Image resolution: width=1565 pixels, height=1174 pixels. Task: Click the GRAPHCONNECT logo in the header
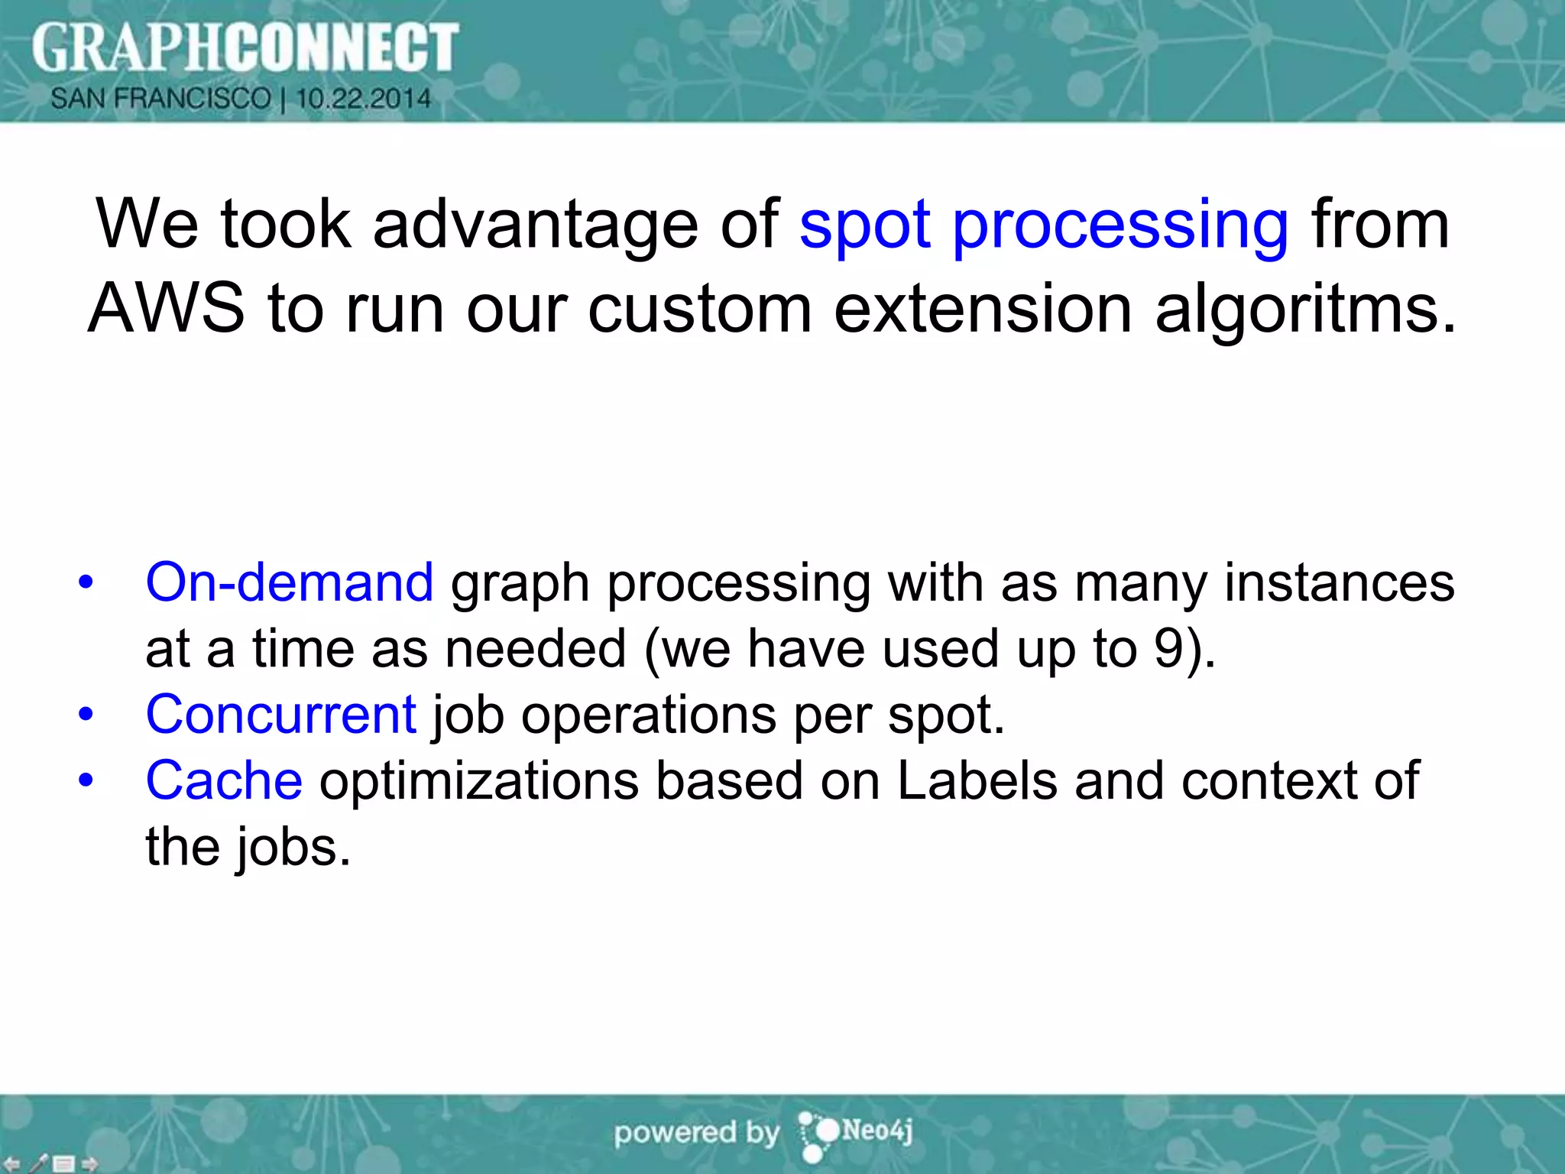click(x=245, y=47)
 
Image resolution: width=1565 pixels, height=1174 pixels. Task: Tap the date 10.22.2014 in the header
click(x=364, y=99)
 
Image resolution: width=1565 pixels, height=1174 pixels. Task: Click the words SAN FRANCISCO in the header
click(x=160, y=99)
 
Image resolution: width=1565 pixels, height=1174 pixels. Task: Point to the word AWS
click(x=167, y=309)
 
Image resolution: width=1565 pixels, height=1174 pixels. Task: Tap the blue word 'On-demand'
click(x=290, y=582)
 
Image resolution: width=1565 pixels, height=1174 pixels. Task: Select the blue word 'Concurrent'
click(x=281, y=715)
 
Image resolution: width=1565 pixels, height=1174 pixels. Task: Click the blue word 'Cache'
click(x=224, y=780)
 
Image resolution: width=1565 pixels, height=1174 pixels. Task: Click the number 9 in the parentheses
click(x=1168, y=649)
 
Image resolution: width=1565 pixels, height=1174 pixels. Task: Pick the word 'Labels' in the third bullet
click(x=977, y=780)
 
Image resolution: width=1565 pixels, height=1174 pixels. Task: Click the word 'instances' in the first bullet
click(x=1339, y=582)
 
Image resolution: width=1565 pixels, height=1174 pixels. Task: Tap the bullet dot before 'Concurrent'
click(x=86, y=715)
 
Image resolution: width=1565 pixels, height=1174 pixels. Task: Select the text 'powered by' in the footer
click(x=696, y=1133)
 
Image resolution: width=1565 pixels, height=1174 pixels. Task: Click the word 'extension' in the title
click(x=983, y=309)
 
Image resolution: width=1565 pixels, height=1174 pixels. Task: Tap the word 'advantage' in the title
click(x=535, y=225)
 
